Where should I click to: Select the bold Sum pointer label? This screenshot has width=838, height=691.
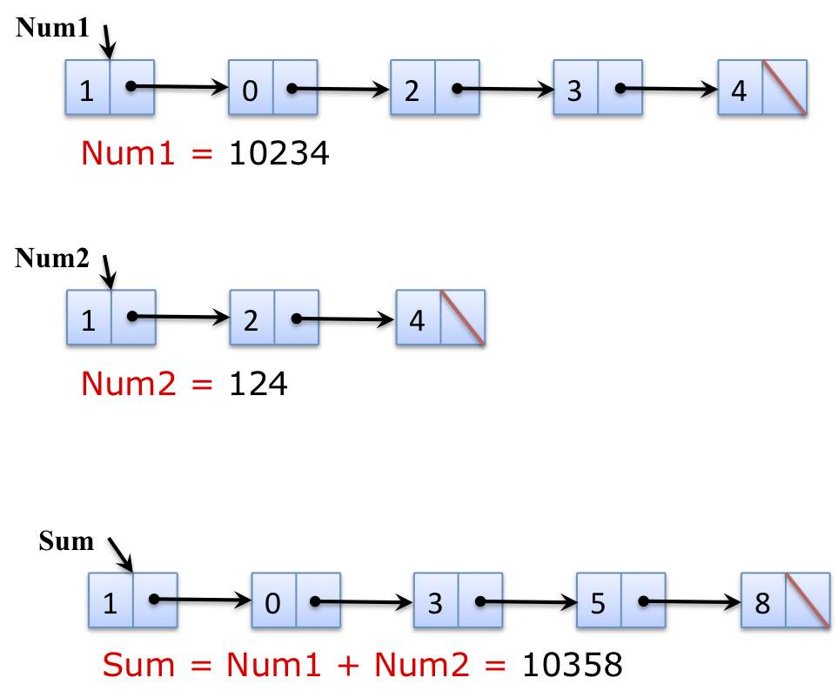[66, 541]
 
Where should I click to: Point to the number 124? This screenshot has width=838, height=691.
[258, 382]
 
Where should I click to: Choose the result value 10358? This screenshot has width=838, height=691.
[572, 666]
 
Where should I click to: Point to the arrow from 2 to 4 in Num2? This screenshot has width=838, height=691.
[344, 319]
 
